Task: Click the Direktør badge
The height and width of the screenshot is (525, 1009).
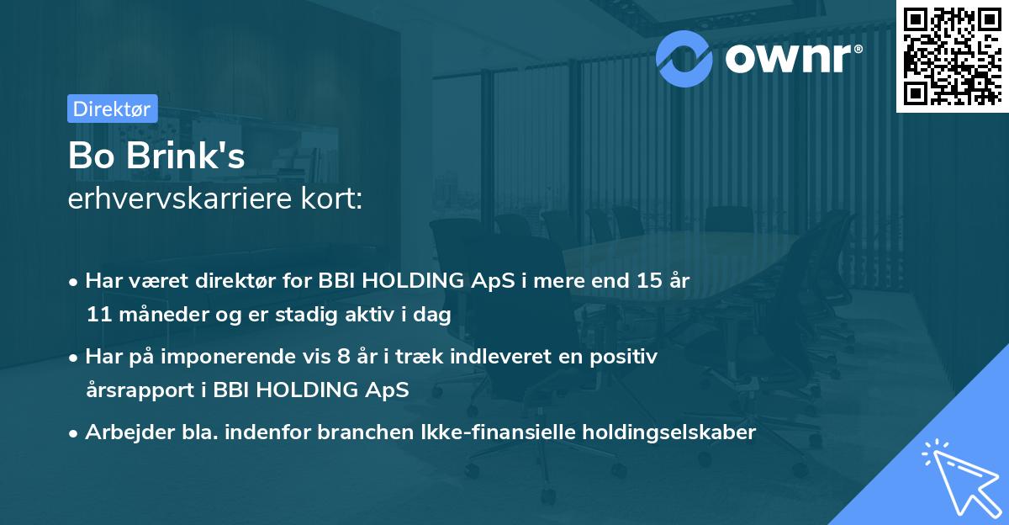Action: tap(112, 109)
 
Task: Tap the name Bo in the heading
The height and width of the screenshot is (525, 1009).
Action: tap(88, 157)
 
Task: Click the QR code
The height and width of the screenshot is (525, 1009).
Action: tap(952, 56)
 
